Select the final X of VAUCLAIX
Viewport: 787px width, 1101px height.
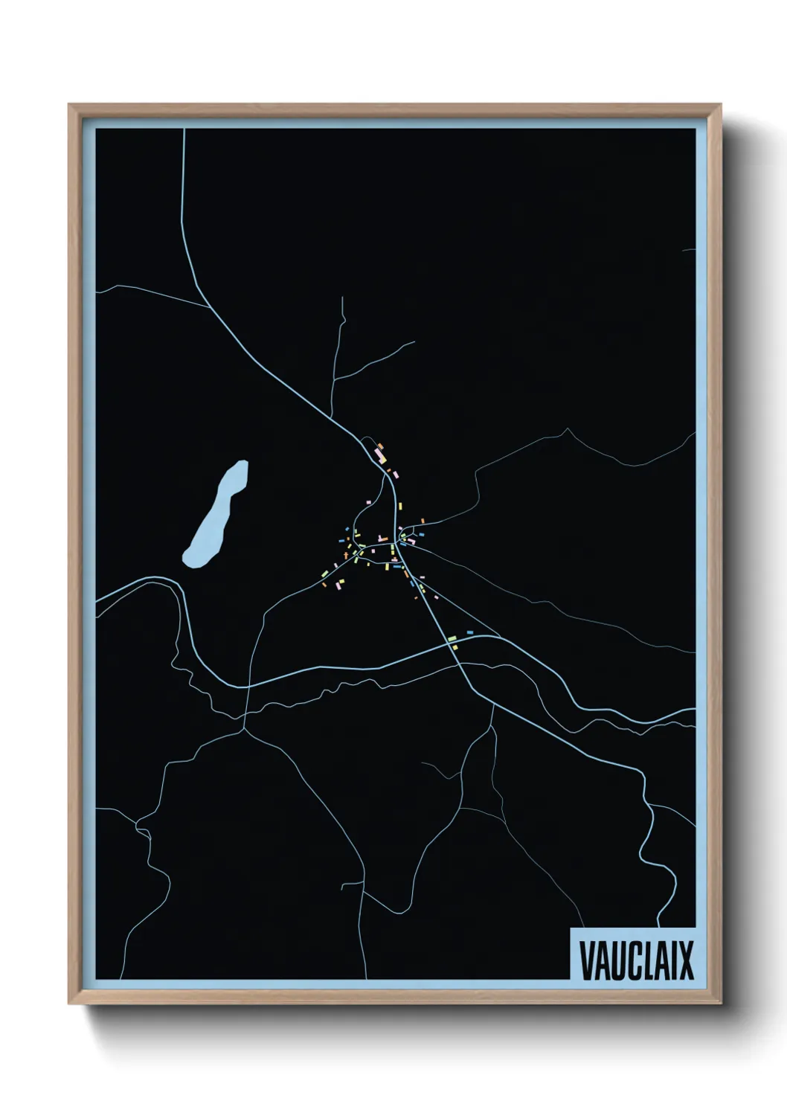(x=685, y=960)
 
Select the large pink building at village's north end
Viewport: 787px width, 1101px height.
(x=379, y=452)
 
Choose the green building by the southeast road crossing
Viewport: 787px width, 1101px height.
(x=451, y=638)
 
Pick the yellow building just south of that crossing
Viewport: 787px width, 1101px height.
(x=454, y=647)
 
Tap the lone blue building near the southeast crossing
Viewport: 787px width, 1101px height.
(x=469, y=632)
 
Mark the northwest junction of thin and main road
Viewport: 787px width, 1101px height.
(x=208, y=306)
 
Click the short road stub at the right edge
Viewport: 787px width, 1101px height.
(x=689, y=251)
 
